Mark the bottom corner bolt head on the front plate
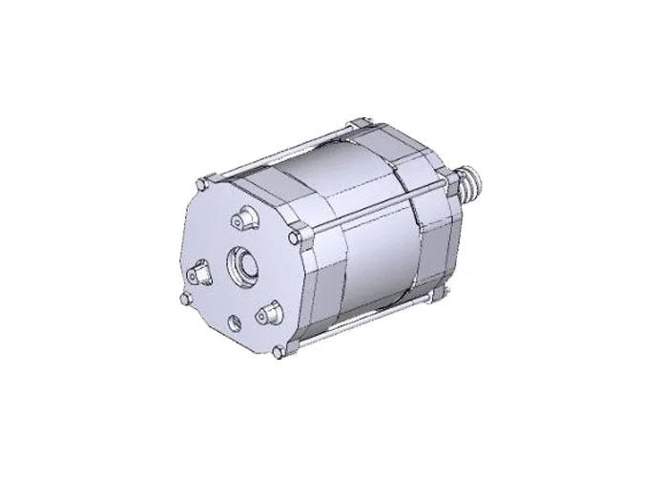pos(278,354)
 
